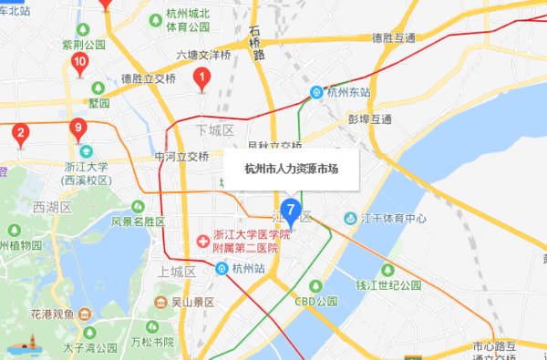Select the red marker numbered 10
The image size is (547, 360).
tap(79, 63)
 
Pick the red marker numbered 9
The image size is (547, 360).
tap(78, 128)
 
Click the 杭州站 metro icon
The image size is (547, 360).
tap(222, 269)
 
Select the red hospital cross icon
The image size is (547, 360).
tap(202, 241)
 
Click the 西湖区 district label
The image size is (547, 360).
tap(51, 208)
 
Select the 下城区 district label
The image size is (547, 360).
tap(215, 130)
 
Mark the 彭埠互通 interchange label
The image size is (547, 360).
tap(369, 119)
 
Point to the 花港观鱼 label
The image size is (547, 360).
tap(53, 313)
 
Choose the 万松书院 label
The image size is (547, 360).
tap(151, 342)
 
